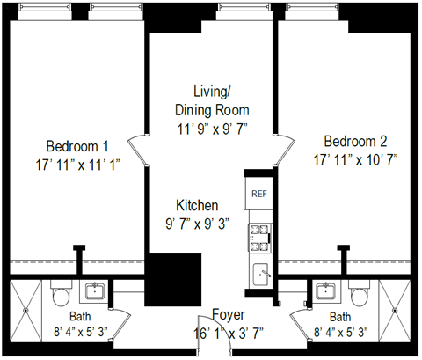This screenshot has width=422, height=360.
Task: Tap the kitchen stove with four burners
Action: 259,233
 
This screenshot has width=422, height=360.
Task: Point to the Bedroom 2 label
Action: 355,142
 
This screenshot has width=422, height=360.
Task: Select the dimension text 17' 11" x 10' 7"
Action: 355,159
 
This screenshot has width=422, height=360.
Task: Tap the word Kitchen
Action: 197,204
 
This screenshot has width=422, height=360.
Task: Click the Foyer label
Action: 229,315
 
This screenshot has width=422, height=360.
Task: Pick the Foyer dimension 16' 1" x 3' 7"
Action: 229,332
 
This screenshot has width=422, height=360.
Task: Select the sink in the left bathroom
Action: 93,291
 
